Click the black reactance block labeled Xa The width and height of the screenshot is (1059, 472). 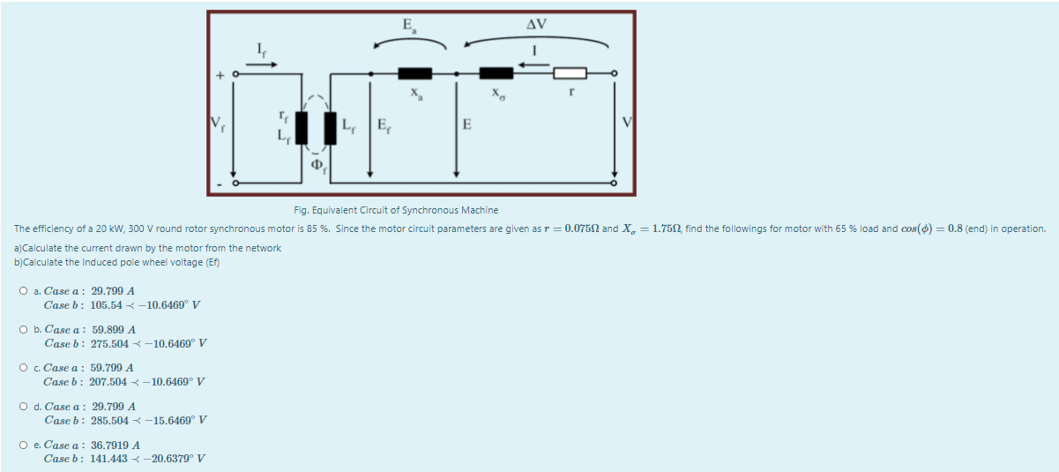pos(414,73)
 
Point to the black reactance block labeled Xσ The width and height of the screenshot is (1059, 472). pos(496,73)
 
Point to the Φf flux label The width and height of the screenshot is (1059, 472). pos(317,165)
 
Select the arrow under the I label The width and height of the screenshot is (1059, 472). pos(533,63)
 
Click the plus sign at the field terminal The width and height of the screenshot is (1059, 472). pos(221,75)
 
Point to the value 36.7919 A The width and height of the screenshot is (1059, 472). pos(116,446)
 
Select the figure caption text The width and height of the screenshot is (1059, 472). pos(396,210)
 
